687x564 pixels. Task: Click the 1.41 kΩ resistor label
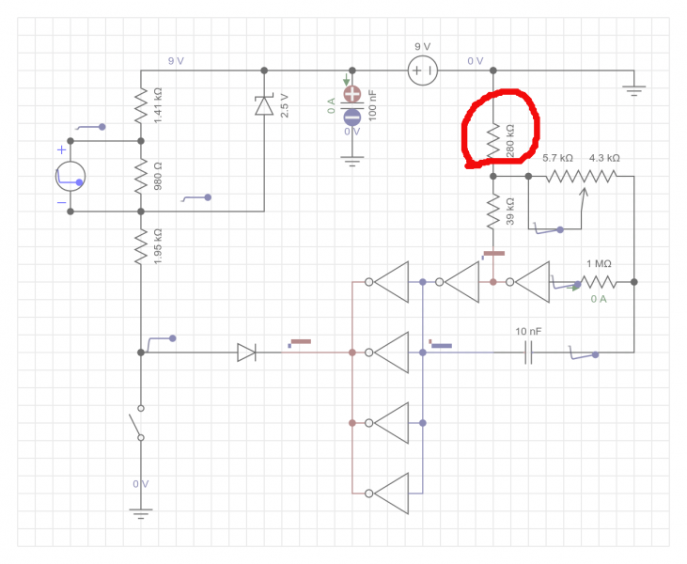coord(158,105)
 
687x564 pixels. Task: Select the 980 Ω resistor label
coord(158,176)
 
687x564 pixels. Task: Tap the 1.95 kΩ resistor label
coord(158,245)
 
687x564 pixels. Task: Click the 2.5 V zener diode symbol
coord(264,104)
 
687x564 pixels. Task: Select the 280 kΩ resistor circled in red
coord(493,140)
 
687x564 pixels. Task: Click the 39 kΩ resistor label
coord(509,211)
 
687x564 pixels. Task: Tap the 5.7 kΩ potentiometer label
coord(558,159)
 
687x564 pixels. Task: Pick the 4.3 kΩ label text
coord(604,159)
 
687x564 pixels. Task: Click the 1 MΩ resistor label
coord(599,264)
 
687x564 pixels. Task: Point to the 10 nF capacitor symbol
coord(528,352)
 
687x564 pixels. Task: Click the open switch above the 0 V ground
coord(141,423)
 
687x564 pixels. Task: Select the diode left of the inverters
coord(246,352)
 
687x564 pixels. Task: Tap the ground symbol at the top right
coord(634,91)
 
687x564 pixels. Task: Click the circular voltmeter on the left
coord(70,176)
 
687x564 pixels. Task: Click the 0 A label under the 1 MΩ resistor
coord(599,299)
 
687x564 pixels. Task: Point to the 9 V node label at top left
coord(176,61)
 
